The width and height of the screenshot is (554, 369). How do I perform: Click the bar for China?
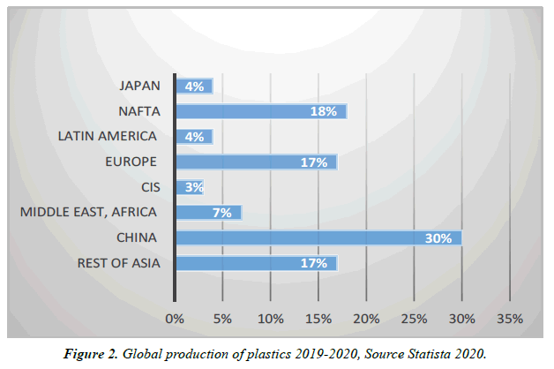(318, 238)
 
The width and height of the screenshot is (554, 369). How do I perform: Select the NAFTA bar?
(261, 111)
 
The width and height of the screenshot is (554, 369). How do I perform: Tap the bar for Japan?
(194, 87)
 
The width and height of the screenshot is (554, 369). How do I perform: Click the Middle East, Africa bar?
(208, 213)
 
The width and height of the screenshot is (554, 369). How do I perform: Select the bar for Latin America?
(194, 137)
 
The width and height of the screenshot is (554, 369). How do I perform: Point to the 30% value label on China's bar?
(438, 238)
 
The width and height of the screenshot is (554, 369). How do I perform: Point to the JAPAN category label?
(139, 86)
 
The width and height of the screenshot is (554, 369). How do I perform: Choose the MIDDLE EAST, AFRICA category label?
(88, 212)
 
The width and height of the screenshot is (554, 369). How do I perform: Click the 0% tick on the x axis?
(175, 318)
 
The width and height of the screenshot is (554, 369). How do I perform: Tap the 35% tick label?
(510, 318)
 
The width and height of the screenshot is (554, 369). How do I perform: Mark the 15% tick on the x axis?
(318, 318)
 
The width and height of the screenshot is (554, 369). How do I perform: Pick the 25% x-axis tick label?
(414, 318)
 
